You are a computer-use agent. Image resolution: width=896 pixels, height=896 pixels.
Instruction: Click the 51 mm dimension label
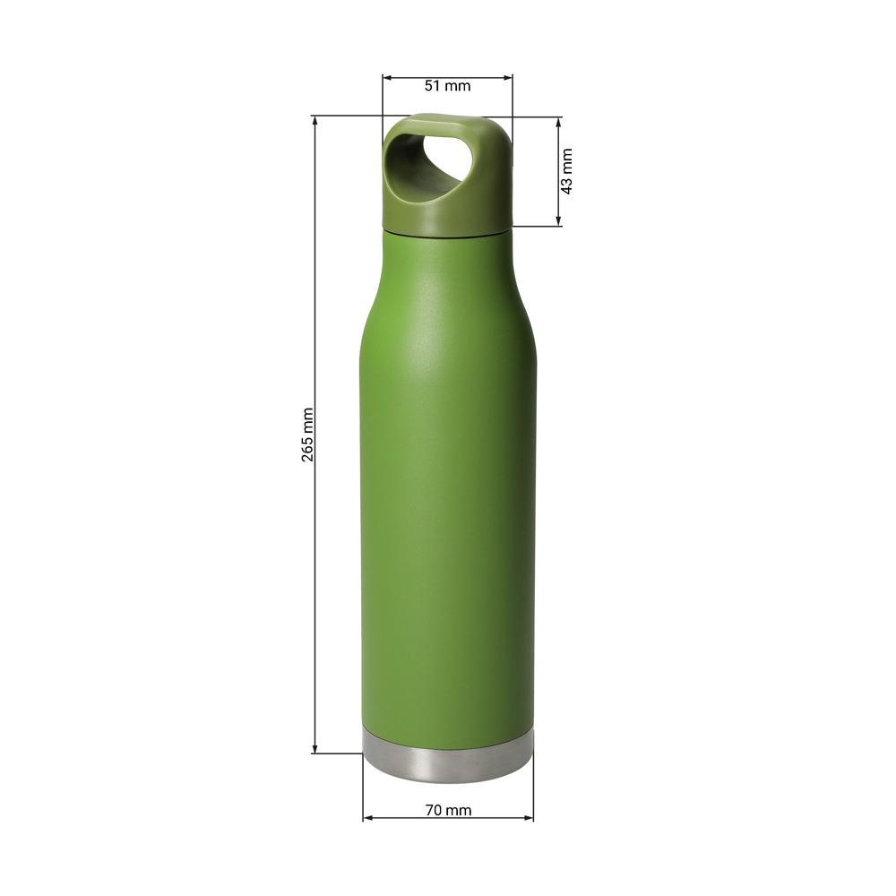[447, 86]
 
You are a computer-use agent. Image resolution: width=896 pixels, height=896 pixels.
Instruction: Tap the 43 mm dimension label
[567, 171]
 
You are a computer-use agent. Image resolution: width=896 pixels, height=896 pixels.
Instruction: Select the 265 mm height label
[307, 435]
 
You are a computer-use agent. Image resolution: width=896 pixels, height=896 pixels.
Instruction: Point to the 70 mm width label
[449, 810]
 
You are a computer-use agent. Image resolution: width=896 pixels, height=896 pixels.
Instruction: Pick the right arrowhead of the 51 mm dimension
[508, 78]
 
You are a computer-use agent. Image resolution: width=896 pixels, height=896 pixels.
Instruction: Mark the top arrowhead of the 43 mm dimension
[559, 122]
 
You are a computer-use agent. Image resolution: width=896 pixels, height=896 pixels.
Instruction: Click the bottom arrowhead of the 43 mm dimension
[559, 221]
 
